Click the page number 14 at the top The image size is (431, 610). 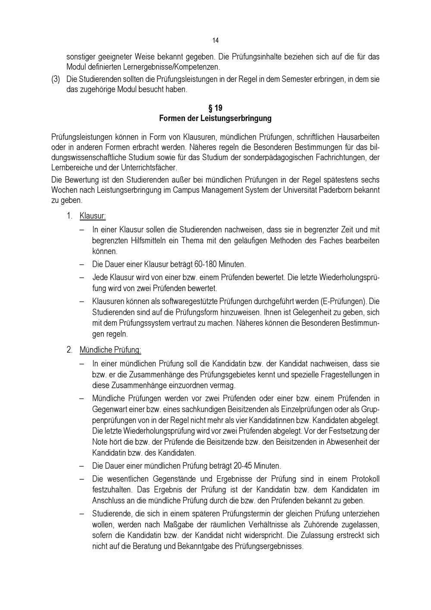(215, 41)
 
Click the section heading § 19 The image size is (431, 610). (215, 108)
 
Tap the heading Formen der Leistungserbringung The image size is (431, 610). (215, 118)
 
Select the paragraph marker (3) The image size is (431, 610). (56, 80)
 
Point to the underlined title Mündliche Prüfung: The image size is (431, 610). (110, 350)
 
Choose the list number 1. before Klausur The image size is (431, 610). (69, 216)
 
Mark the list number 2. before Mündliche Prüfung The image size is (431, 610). (69, 350)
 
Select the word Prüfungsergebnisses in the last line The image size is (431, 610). (269, 546)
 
